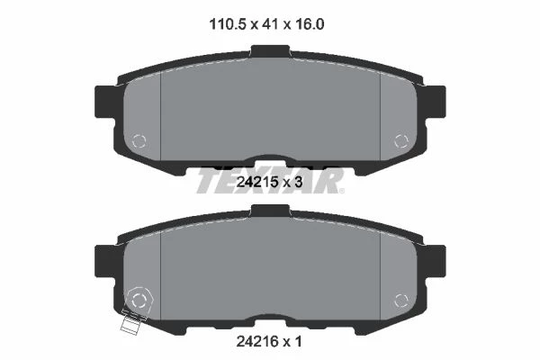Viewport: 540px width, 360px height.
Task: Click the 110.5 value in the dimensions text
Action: pos(228,24)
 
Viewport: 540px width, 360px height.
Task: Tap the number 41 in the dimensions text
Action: pos(270,24)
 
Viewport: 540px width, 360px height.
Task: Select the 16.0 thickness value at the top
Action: pos(309,24)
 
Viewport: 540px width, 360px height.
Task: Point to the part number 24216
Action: pos(256,341)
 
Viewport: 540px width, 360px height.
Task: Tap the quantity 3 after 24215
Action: pos(298,182)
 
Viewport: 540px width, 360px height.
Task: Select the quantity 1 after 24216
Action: pos(298,341)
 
